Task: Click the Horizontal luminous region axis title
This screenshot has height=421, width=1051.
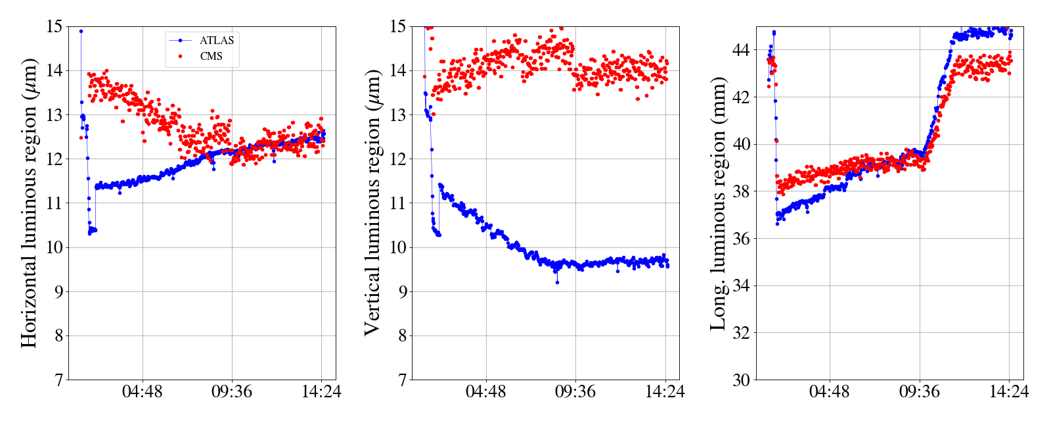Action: click(30, 203)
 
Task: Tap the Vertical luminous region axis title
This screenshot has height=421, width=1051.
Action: click(372, 203)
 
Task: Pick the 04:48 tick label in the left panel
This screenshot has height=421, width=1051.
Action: click(143, 392)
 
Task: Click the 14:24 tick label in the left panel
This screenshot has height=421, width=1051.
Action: click(321, 392)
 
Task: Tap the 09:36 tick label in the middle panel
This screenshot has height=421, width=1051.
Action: click(575, 392)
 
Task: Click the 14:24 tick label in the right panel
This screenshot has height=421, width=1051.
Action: click(1009, 392)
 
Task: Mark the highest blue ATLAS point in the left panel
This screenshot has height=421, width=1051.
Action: click(81, 31)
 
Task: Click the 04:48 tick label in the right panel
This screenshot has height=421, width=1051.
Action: click(829, 392)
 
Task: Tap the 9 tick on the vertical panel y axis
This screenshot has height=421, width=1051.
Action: click(401, 291)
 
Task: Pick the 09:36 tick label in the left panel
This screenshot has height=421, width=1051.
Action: click(232, 392)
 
